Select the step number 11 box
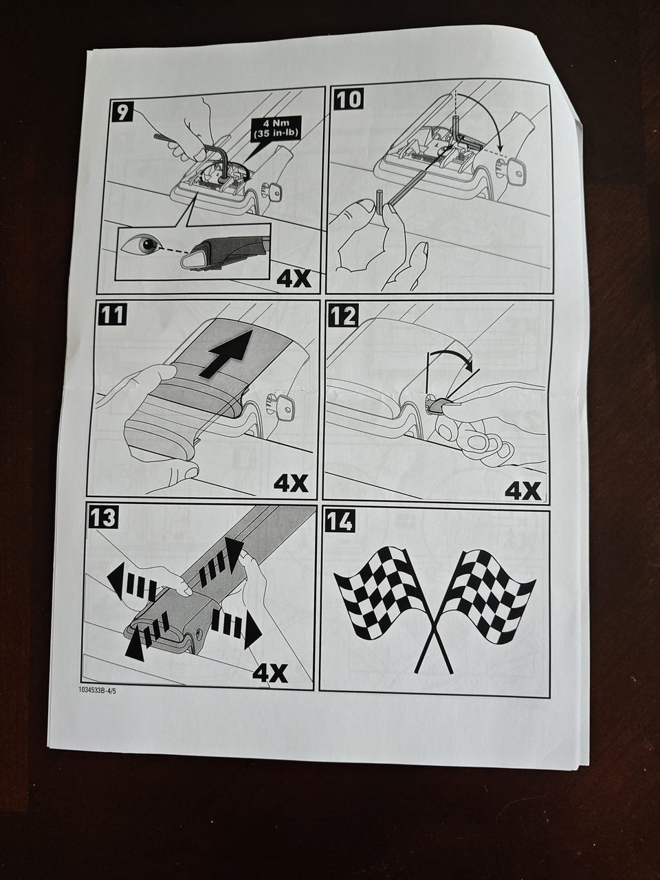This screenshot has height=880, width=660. point(112,314)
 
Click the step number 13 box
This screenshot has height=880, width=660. point(103,518)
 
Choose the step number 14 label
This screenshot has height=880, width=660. point(340,522)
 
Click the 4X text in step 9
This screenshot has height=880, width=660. point(294,279)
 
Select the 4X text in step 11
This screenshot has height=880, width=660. point(291,484)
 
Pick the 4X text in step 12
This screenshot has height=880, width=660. point(523,491)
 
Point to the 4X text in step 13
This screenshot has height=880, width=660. point(270,674)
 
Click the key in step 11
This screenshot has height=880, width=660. point(280,405)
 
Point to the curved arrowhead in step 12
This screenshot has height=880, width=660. point(468,365)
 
